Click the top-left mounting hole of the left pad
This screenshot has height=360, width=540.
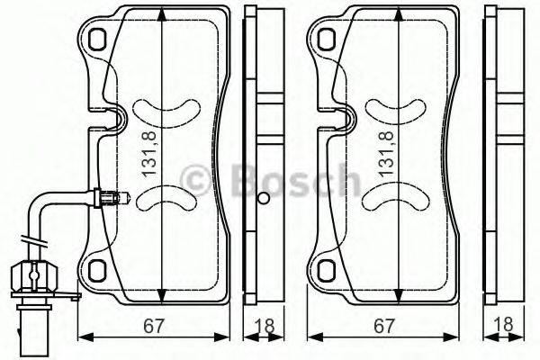[96, 38]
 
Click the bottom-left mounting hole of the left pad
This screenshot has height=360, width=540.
[96, 267]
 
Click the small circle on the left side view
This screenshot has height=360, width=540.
[263, 199]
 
